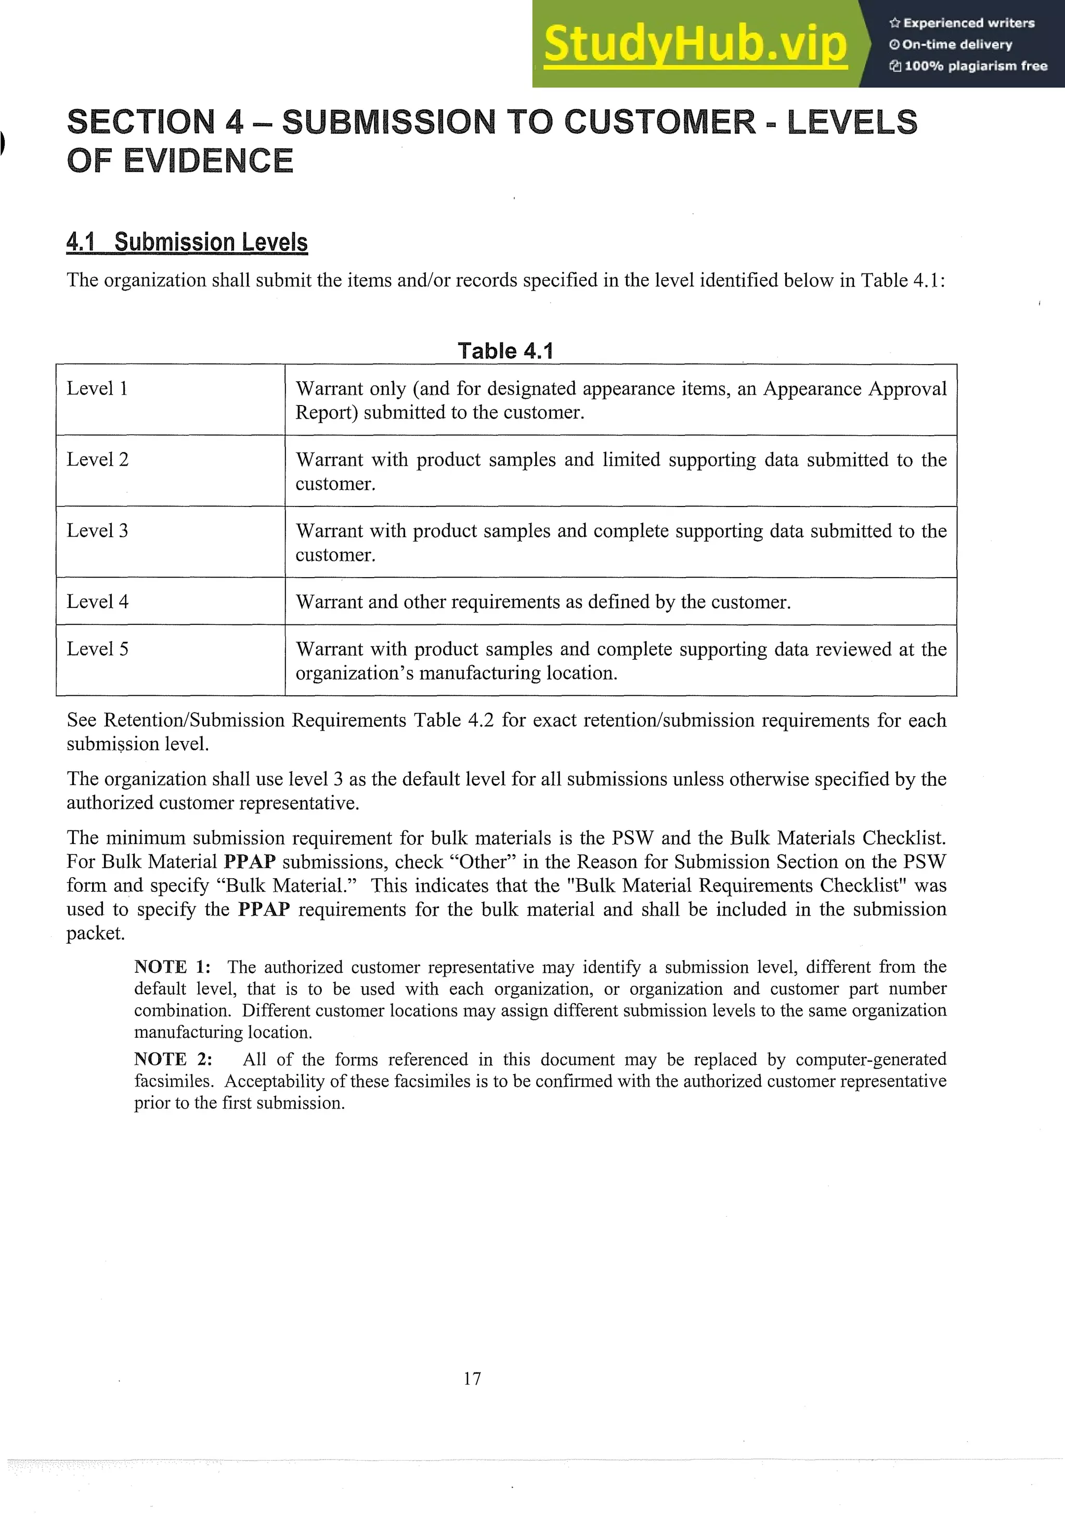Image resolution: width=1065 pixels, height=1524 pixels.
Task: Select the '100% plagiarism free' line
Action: pos(968,66)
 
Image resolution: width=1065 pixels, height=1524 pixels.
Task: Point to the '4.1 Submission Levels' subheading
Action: pos(187,242)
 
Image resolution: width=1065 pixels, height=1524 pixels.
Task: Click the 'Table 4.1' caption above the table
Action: pos(505,350)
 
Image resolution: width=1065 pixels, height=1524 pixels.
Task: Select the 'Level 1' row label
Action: pos(97,388)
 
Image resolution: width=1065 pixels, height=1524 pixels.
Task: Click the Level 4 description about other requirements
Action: pos(543,602)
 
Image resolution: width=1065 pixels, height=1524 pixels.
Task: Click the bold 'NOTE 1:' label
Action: pos(172,967)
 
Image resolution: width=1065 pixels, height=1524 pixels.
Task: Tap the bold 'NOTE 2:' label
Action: pos(173,1059)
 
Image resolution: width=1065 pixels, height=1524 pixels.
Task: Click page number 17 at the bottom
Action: pos(472,1378)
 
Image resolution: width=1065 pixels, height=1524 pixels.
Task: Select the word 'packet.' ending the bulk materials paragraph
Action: pos(96,933)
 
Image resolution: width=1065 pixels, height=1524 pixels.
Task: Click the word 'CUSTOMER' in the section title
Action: pos(659,122)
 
